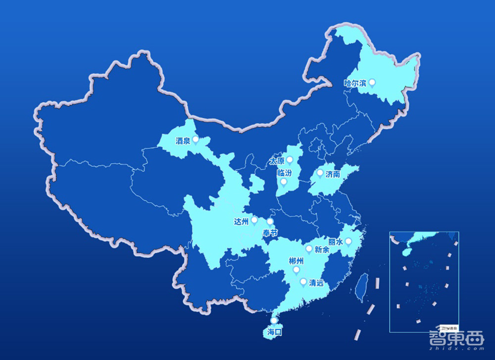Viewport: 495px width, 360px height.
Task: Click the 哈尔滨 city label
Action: tap(355, 83)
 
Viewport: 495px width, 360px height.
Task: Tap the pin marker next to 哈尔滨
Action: tap(372, 83)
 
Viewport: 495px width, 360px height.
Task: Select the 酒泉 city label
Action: tap(183, 141)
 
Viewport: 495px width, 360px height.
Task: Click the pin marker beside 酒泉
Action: tap(196, 140)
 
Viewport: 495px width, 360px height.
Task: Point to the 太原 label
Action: tap(277, 161)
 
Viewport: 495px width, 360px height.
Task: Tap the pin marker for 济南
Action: tap(320, 173)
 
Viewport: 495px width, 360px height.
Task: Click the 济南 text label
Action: tap(333, 174)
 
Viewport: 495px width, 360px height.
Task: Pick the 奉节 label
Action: tap(270, 232)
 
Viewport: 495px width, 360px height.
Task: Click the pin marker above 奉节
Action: tap(270, 222)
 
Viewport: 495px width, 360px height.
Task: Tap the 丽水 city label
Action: tap(336, 242)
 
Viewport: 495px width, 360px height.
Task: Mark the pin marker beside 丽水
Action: tap(348, 241)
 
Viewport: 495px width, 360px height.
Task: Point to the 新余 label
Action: tap(321, 250)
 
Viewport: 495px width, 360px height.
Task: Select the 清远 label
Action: tap(316, 283)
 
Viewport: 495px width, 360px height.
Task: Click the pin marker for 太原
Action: tap(290, 160)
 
